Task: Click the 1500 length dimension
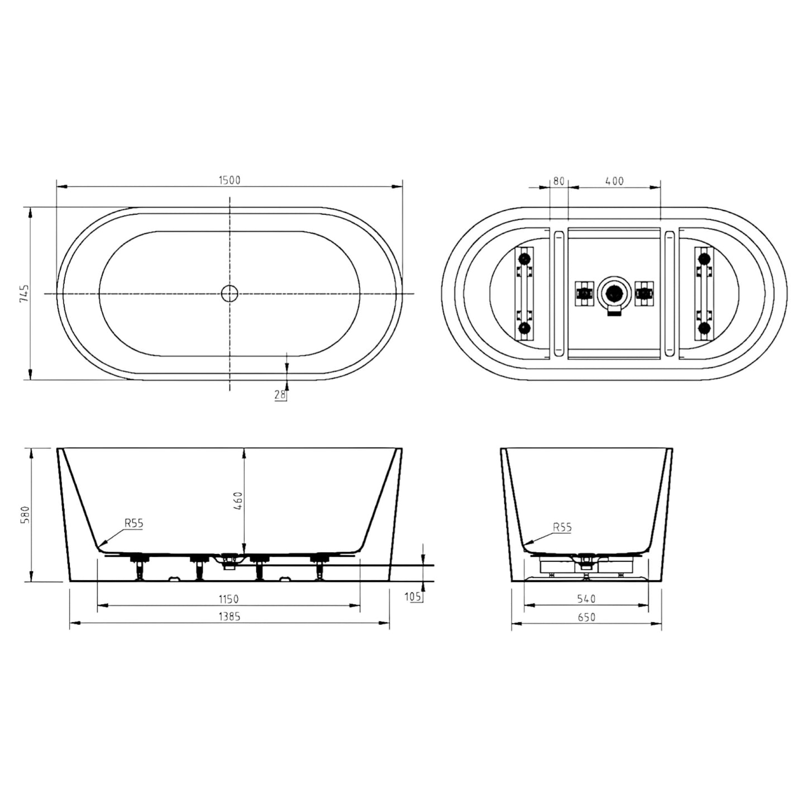click(x=229, y=180)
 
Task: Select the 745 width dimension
click(x=23, y=293)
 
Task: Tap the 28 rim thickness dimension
click(x=280, y=395)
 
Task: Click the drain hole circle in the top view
click(x=230, y=293)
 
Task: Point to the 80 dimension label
click(x=558, y=181)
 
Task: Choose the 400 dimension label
click(x=614, y=181)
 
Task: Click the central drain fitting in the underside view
click(x=614, y=293)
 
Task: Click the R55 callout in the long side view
click(x=133, y=523)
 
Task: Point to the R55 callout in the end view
click(x=562, y=527)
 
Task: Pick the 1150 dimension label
click(x=228, y=599)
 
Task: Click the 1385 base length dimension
click(x=229, y=617)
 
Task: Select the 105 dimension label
click(x=413, y=597)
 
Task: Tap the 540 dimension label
click(x=586, y=599)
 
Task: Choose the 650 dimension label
click(x=586, y=617)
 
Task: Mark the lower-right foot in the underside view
click(x=704, y=327)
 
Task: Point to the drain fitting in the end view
click(x=586, y=560)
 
